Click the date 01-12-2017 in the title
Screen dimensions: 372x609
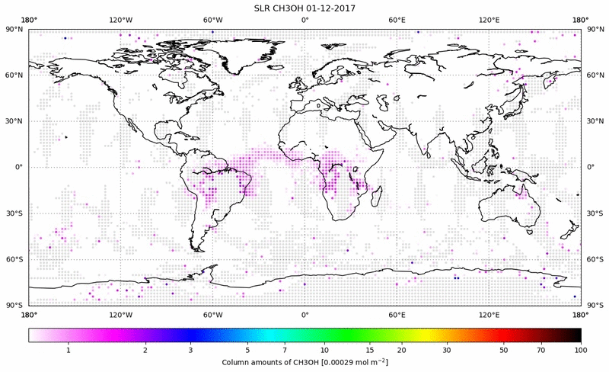333,8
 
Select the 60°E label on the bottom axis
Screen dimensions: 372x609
397,314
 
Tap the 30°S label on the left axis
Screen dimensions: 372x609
14,213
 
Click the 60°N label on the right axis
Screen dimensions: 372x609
596,75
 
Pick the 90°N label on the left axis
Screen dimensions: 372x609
14,29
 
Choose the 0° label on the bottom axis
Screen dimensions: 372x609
304,314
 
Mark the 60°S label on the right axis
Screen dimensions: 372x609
596,259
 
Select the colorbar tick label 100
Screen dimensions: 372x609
581,350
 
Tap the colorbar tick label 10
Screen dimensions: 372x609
325,350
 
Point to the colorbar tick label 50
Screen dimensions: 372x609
504,350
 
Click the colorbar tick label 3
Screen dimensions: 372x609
191,350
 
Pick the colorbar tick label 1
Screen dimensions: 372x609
69,350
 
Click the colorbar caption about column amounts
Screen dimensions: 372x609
304,362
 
